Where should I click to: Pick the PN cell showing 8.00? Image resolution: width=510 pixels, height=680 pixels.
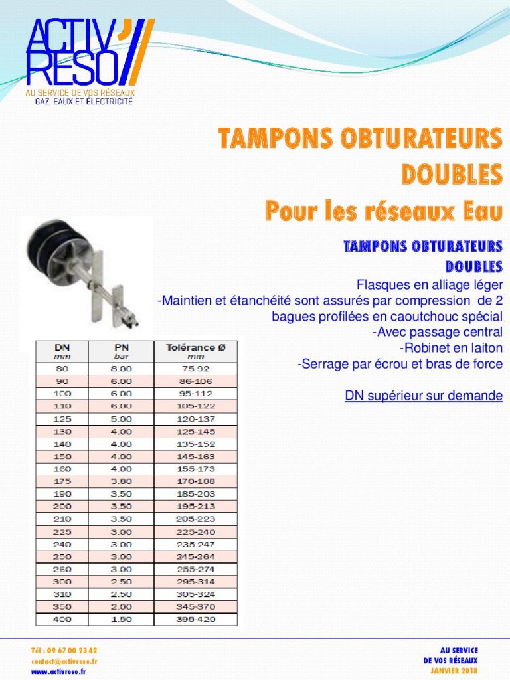coord(122,368)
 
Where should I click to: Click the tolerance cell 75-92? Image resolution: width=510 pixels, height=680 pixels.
coord(195,368)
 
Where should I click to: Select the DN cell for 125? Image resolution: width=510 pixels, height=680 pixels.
coord(62,418)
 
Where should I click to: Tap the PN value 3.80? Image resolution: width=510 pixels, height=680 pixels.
coord(122,481)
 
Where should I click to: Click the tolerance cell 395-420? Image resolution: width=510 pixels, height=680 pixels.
coord(195,620)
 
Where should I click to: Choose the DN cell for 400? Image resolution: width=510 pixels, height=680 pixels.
coord(62,620)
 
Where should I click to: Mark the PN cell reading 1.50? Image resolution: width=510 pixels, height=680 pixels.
coord(122,620)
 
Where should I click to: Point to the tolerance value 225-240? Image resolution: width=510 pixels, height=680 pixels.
coord(195,531)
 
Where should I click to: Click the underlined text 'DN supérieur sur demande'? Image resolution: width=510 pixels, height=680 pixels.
coord(423,396)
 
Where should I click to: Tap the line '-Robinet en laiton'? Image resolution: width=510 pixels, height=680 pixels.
coord(451,348)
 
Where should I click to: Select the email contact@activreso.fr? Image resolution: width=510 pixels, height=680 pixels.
coord(64,661)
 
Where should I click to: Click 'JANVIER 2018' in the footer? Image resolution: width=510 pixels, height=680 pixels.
coord(455,671)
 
